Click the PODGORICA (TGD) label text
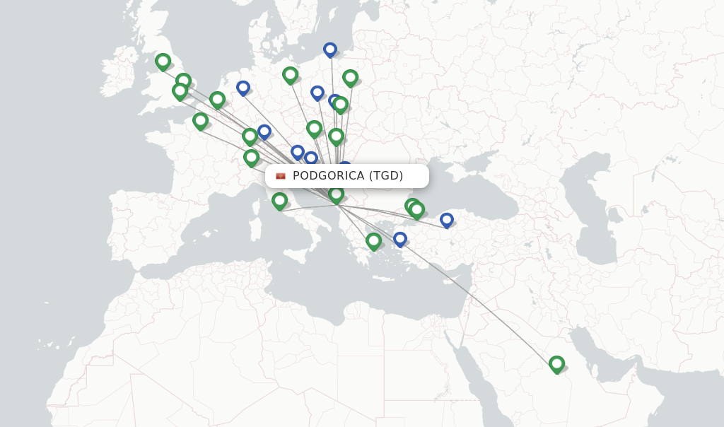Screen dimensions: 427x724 [348, 176]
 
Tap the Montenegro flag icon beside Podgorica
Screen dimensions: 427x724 [281, 176]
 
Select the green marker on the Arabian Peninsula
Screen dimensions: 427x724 [556, 364]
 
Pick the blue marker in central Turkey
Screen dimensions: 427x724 [447, 220]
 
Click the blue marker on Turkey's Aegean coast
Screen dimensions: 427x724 [400, 239]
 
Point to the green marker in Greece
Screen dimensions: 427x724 [373, 241]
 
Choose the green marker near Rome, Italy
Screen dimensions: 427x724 [279, 201]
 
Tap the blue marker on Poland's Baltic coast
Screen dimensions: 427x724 [330, 49]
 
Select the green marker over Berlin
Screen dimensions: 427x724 [290, 74]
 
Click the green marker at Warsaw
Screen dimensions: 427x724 [350, 78]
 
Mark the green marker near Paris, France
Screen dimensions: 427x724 [200, 121]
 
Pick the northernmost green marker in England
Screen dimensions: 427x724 [163, 62]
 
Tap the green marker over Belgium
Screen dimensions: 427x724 [217, 100]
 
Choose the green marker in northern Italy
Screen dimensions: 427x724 [251, 157]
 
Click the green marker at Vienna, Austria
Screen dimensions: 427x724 [314, 128]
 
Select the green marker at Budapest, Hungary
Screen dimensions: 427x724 [336, 136]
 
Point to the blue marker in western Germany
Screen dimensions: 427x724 [243, 88]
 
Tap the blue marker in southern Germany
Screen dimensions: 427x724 [264, 131]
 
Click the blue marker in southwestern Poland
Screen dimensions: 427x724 [317, 93]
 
